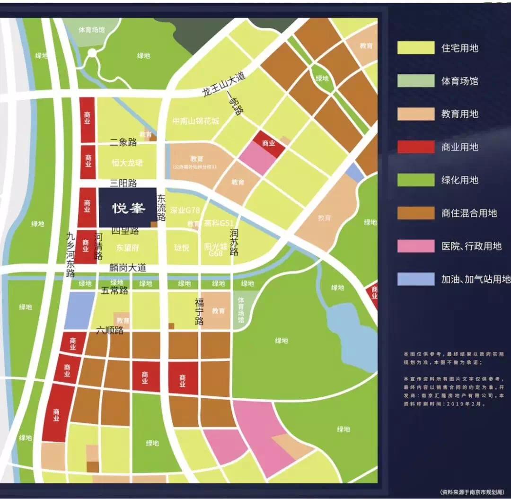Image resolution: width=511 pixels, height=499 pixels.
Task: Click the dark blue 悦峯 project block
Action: click(x=128, y=208)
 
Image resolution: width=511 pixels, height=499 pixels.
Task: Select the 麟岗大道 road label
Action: click(x=127, y=268)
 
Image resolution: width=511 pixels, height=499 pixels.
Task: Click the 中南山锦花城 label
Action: click(x=196, y=121)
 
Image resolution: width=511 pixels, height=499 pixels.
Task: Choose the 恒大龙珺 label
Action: click(x=127, y=163)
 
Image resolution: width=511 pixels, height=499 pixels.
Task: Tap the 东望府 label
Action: click(x=127, y=247)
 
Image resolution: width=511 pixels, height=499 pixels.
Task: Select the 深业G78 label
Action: click(x=185, y=210)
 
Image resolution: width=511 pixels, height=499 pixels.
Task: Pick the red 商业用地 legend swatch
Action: click(x=415, y=147)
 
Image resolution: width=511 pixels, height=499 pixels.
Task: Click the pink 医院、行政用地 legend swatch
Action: click(x=415, y=246)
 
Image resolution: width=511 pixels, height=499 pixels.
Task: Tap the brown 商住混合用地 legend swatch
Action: click(x=415, y=213)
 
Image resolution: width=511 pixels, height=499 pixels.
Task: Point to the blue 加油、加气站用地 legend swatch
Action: click(x=415, y=279)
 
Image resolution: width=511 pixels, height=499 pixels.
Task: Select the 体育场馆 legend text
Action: click(x=459, y=81)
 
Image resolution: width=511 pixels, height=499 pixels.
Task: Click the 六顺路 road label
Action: click(x=110, y=331)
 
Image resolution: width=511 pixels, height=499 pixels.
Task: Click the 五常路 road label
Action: click(x=115, y=290)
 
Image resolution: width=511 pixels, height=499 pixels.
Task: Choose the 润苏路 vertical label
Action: click(x=234, y=242)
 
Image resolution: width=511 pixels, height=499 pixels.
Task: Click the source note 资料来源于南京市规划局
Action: click(x=472, y=490)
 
